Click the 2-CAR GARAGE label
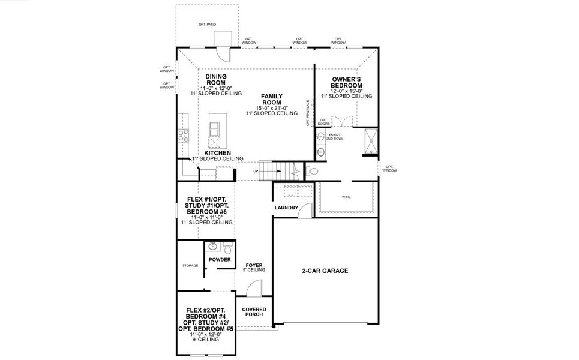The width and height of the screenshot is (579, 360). click(325, 271)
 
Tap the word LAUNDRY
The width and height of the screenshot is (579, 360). click(286, 208)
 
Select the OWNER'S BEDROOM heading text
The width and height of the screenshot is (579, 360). click(346, 82)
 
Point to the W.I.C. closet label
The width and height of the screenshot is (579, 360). click(346, 196)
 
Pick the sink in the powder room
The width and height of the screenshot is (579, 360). click(212, 247)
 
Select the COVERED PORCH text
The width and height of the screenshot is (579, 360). click(254, 313)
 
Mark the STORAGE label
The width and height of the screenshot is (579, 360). click(190, 265)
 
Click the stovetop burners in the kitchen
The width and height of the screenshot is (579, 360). click(182, 135)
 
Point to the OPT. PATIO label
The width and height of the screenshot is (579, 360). click(207, 25)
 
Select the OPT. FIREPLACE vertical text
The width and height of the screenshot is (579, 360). click(308, 113)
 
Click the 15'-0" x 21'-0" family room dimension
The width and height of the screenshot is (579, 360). click(272, 108)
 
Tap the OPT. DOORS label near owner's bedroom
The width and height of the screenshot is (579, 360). click(324, 122)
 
